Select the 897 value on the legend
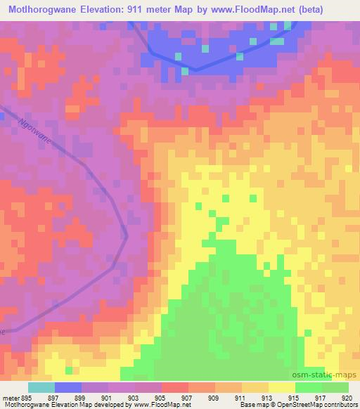pyautogui.click(x=52, y=397)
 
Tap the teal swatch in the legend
pyautogui.click(x=41, y=387)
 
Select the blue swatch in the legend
pyautogui.click(x=68, y=387)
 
